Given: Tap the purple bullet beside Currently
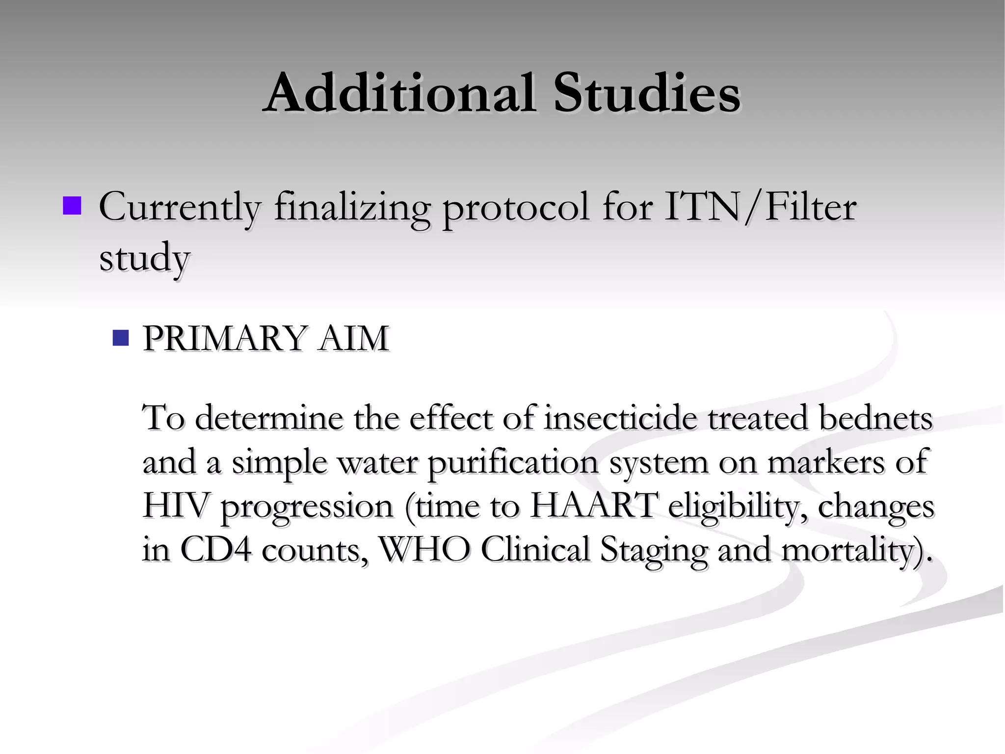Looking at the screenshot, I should [x=72, y=206].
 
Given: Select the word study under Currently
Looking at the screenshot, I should [x=144, y=257].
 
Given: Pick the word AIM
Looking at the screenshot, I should [x=353, y=338].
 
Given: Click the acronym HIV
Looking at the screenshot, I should [x=174, y=506].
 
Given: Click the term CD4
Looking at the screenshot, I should [x=216, y=549].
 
